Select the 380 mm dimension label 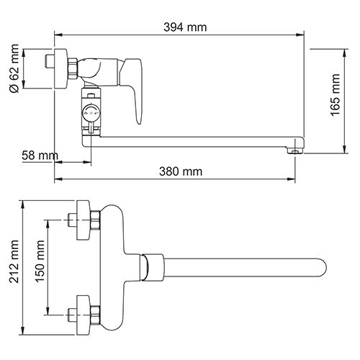180,171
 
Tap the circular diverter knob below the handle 89,112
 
